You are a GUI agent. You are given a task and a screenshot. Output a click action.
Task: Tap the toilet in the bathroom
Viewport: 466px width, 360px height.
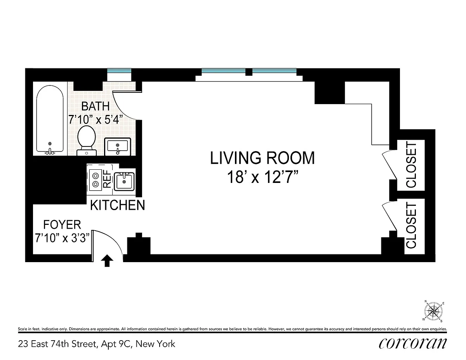point(87,141)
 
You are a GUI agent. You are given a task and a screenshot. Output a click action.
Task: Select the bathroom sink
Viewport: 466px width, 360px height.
point(118,147)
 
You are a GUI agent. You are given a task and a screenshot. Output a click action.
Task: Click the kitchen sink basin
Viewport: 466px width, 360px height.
point(124,181)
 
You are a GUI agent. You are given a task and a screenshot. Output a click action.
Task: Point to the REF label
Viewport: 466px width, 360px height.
point(107,179)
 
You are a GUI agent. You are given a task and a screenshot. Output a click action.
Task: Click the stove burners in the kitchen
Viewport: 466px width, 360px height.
point(96,180)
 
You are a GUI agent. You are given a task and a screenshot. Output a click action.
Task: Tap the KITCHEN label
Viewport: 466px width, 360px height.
point(118,205)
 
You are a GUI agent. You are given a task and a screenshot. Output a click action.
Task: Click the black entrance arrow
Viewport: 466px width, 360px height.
point(107,261)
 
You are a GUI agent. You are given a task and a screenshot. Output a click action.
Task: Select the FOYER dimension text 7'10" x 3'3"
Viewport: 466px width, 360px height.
point(62,238)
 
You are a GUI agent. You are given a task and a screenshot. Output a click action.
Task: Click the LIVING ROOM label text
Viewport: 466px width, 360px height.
point(262,158)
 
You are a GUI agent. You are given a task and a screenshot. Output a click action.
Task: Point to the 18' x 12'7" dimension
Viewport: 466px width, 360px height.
point(263,177)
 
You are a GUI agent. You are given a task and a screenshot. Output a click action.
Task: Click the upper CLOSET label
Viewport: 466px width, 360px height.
point(411,165)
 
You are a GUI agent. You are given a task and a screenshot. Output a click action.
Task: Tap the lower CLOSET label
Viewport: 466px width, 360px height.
point(411,225)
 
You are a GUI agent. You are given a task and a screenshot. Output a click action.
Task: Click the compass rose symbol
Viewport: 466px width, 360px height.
point(433,311)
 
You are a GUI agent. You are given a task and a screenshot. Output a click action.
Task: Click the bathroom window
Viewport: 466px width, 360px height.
point(119,71)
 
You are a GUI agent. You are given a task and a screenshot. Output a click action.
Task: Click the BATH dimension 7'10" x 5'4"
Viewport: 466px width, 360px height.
point(96,120)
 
